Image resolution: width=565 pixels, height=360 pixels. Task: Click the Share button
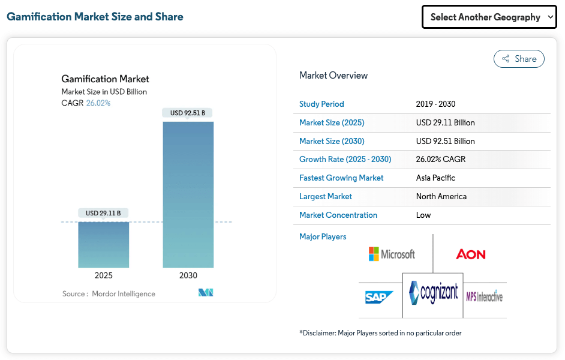[519, 59]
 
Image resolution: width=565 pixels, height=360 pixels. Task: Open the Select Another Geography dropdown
[489, 17]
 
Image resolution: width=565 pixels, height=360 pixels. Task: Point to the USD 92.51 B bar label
[188, 113]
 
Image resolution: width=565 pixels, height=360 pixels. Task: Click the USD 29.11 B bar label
[103, 213]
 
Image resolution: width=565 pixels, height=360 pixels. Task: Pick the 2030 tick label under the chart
[188, 275]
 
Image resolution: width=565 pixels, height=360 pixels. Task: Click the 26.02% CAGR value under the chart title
[98, 103]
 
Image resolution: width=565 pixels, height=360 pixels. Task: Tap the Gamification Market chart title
[105, 79]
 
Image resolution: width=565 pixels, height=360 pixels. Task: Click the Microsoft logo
[392, 254]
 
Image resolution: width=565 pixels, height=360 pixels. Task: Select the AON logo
[471, 254]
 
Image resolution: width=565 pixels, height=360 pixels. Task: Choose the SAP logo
[379, 297]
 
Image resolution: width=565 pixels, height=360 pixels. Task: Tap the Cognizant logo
[434, 293]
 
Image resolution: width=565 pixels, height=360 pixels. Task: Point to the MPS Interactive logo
[485, 295]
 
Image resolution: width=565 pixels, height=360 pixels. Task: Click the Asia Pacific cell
[435, 178]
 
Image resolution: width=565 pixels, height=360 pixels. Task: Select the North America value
[441, 196]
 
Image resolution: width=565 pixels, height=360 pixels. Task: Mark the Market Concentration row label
[338, 215]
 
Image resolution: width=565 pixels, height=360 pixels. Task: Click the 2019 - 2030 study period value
[435, 104]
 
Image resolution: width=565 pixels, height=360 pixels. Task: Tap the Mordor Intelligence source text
[123, 294]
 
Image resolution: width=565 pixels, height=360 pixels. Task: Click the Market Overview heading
[333, 76]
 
